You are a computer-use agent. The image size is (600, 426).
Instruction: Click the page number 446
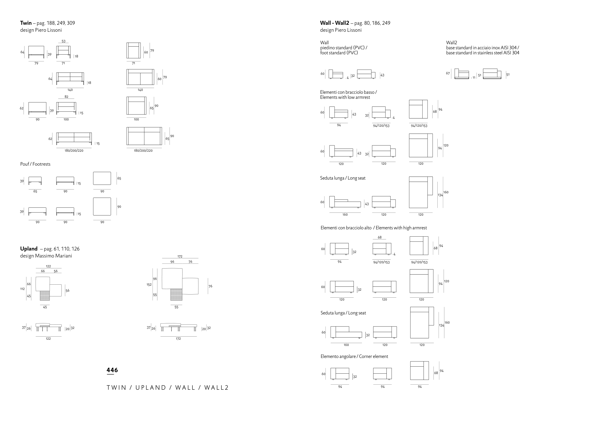(x=112, y=370)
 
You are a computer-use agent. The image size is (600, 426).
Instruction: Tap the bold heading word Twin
(x=26, y=23)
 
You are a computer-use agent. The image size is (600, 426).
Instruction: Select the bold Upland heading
(x=29, y=249)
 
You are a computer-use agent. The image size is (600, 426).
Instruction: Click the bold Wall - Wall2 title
(x=335, y=23)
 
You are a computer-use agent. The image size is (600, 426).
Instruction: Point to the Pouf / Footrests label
(x=35, y=164)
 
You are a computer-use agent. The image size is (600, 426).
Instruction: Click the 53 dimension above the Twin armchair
(x=63, y=41)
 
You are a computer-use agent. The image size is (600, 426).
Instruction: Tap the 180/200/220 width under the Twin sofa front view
(x=74, y=150)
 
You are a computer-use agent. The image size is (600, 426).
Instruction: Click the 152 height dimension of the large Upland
(x=149, y=285)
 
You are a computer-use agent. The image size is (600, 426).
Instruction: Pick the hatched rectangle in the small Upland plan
(x=45, y=295)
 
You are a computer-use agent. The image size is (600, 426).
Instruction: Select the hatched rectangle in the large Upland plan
(x=176, y=294)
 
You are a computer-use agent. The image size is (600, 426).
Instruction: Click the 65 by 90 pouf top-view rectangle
(x=102, y=178)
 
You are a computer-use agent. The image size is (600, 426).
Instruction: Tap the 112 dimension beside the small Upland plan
(x=23, y=289)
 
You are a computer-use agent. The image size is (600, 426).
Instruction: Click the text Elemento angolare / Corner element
(x=354, y=357)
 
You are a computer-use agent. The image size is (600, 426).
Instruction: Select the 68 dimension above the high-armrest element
(x=380, y=237)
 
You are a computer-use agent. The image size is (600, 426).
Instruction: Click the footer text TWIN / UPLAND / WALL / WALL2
(x=168, y=388)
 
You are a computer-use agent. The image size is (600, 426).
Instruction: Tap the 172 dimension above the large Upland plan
(x=180, y=257)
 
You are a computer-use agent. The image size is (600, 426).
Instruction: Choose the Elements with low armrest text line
(x=345, y=97)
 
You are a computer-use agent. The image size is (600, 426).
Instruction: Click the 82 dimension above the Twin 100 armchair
(x=67, y=97)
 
